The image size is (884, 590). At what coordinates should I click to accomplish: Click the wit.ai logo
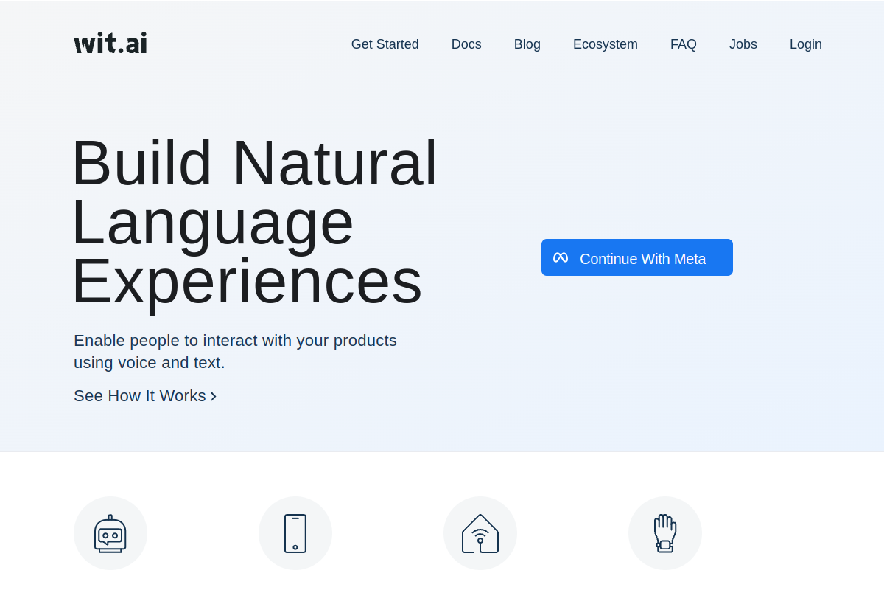(110, 44)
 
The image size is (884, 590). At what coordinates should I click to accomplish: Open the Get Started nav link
(385, 44)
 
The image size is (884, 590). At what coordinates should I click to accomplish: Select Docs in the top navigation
(466, 44)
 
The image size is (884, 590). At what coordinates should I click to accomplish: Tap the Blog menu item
(527, 44)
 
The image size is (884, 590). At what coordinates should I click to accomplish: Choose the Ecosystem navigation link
(605, 44)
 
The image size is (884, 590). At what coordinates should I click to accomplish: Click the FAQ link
(683, 44)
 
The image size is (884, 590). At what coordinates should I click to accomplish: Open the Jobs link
(743, 44)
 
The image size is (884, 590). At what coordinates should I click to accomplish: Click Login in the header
(805, 44)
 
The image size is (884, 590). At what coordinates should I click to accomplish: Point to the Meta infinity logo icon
(561, 258)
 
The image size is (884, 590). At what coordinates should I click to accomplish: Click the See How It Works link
(140, 396)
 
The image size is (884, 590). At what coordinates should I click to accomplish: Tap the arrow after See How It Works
(214, 397)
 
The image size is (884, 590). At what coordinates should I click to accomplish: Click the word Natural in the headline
(334, 163)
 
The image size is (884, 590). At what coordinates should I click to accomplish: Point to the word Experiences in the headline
(247, 281)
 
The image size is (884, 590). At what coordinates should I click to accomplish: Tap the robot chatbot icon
(110, 533)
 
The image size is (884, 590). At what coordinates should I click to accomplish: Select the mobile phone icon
(295, 533)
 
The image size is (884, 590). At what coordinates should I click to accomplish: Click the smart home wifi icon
(480, 533)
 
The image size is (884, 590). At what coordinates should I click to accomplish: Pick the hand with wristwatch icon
(665, 533)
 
